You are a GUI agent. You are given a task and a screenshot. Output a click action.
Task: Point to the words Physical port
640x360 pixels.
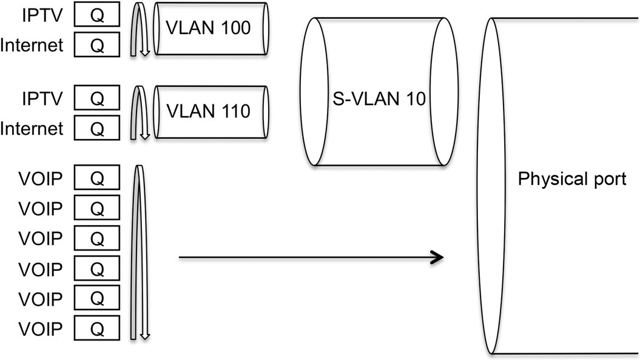571,180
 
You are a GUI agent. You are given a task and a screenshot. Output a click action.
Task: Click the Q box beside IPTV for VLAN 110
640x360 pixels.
96,99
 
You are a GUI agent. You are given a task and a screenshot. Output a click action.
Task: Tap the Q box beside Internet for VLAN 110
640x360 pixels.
96,128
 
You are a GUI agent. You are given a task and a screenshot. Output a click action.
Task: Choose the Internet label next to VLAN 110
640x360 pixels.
32,128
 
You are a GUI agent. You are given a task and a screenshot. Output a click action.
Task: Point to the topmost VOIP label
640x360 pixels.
41,178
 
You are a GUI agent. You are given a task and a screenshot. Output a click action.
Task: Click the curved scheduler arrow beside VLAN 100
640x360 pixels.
139,29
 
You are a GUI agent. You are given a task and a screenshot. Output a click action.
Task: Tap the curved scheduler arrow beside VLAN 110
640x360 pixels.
139,113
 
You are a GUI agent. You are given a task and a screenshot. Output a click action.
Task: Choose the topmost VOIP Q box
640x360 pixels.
96,178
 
